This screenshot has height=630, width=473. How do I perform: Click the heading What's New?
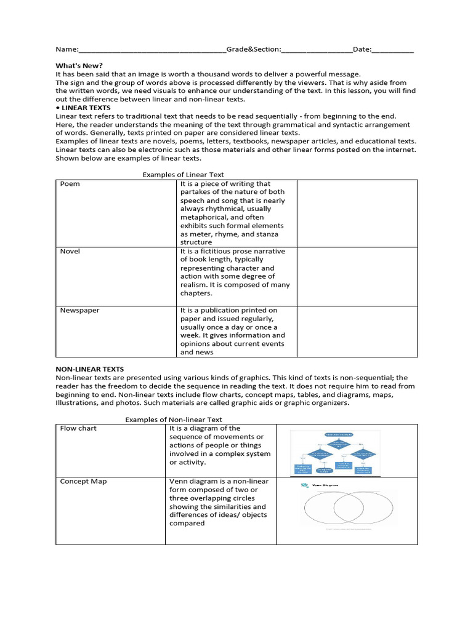(x=79, y=65)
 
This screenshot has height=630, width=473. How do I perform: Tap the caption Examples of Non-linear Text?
(x=174, y=420)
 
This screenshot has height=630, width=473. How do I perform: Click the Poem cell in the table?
(x=70, y=184)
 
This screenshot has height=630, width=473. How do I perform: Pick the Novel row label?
(x=70, y=252)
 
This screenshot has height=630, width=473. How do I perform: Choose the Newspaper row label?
(x=80, y=310)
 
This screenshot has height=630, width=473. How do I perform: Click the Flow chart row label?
(x=78, y=428)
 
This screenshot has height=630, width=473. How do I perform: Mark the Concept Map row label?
(x=83, y=481)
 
